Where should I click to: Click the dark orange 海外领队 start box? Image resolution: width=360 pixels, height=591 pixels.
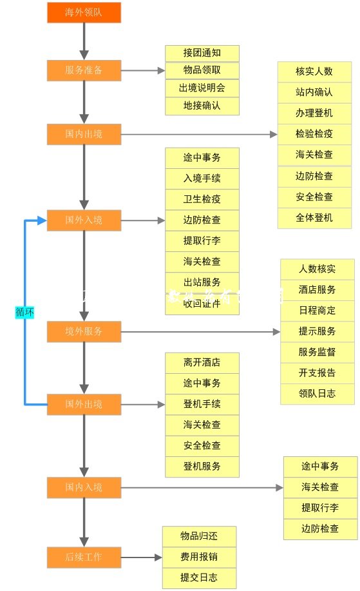84,12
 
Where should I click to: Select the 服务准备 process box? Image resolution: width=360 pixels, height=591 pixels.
84,70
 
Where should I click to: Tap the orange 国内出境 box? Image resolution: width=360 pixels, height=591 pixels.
84,135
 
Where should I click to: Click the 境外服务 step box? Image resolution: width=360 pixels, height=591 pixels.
84,332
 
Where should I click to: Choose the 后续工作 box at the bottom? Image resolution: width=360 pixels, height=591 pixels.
84,557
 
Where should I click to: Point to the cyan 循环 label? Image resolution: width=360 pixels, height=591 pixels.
24,312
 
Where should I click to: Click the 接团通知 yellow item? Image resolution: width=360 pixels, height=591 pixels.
202,53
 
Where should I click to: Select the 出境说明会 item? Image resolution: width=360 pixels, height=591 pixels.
202,88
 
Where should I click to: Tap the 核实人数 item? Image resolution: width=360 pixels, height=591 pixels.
314,72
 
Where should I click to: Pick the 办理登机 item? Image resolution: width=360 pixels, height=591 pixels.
314,113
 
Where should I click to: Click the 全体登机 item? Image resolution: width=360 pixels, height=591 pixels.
314,217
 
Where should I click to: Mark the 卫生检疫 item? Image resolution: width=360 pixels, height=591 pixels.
202,199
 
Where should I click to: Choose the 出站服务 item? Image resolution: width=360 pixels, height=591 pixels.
202,282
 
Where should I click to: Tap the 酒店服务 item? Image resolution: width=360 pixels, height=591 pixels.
317,290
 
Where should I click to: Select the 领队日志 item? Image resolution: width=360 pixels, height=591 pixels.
317,393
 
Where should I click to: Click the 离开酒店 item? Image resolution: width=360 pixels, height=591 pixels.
202,362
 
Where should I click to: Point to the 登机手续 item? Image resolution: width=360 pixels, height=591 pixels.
202,404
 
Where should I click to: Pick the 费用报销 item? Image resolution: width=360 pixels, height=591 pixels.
199,557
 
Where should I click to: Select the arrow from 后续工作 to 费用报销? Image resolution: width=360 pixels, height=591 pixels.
141,557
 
